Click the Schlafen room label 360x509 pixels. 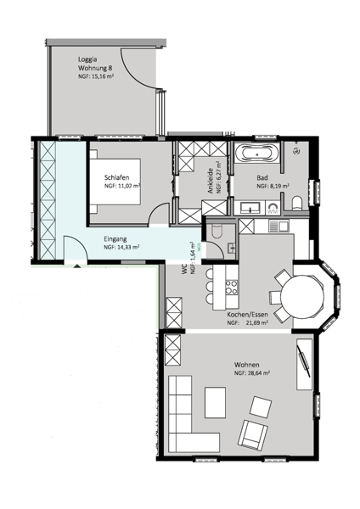[x=116, y=177]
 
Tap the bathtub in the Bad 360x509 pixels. [x=256, y=153]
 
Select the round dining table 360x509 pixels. [x=302, y=296]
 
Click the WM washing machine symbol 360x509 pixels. [x=273, y=208]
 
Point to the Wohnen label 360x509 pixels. [x=246, y=365]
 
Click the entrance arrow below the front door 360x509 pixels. [x=77, y=266]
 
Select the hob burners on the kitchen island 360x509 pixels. [x=231, y=287]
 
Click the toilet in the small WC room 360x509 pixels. [x=216, y=232]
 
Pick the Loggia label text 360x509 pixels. [x=87, y=59]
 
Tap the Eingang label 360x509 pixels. [x=115, y=239]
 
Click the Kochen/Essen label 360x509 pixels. [x=248, y=315]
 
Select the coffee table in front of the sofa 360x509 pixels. [x=215, y=402]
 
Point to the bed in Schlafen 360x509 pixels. [x=115, y=182]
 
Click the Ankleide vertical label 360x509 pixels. [x=211, y=181]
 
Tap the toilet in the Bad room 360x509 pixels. [x=297, y=204]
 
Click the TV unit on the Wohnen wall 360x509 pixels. [x=305, y=364]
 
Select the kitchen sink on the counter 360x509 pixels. [x=279, y=226]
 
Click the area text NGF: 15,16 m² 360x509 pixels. [x=96, y=76]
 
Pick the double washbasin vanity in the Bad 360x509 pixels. [x=250, y=208]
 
